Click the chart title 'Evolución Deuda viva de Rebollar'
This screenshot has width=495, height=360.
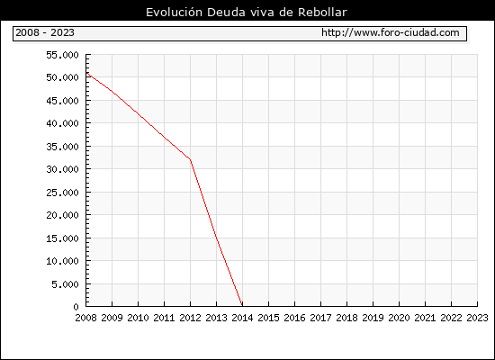[x=247, y=12]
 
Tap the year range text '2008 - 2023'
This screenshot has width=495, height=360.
[x=45, y=32]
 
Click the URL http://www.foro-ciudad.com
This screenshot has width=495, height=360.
[x=391, y=32]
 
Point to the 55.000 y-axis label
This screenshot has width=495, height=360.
[x=62, y=55]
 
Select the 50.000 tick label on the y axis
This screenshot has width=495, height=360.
[x=62, y=77]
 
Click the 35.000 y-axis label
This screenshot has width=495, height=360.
[x=62, y=147]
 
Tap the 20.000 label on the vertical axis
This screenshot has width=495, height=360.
[x=62, y=215]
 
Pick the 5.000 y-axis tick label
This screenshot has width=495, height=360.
[x=66, y=284]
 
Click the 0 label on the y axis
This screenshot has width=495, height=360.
[x=76, y=307]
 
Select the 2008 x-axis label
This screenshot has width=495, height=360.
[x=85, y=318]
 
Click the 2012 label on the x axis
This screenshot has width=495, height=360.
[x=190, y=318]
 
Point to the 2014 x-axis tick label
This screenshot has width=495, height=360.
[x=242, y=318]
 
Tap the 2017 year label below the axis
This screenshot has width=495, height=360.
[x=320, y=318]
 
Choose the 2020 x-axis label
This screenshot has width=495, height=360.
[x=399, y=318]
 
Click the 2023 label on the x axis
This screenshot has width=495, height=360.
[x=477, y=318]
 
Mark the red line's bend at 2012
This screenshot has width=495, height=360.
[x=190, y=159]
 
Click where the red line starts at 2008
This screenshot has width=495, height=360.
[x=86, y=73]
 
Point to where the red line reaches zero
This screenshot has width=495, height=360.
[x=242, y=306]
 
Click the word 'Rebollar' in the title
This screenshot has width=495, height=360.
[x=322, y=12]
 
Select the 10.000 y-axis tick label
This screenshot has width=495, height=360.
[x=62, y=261]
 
